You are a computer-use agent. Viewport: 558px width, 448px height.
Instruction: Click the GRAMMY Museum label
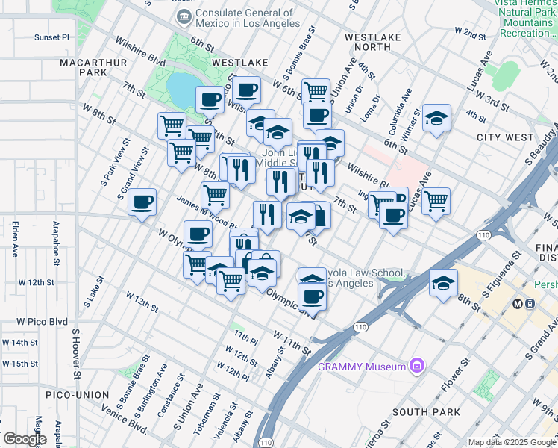[362, 366]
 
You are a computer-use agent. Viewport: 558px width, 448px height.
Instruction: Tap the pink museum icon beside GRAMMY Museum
[417, 366]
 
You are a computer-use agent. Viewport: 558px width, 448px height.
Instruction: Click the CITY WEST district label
[505, 137]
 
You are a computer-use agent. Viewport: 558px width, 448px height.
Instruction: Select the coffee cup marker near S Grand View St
[142, 202]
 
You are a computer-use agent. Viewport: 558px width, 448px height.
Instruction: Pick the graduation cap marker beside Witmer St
[436, 119]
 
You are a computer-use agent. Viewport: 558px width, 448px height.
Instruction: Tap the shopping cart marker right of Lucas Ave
[436, 200]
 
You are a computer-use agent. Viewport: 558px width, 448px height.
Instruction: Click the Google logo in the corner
[25, 439]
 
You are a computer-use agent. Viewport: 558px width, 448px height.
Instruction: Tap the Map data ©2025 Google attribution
[512, 442]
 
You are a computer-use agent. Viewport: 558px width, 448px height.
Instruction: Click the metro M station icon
[515, 304]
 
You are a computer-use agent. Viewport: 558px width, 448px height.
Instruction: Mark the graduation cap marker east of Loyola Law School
[443, 284]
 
